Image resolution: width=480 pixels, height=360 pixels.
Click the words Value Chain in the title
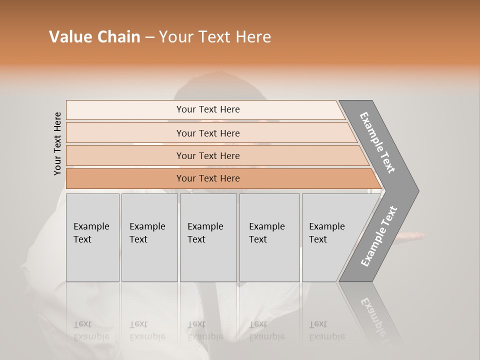click(x=94, y=37)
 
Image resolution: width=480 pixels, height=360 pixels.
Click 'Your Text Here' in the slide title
click(x=215, y=37)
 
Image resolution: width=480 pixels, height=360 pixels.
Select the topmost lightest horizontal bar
click(x=125, y=109)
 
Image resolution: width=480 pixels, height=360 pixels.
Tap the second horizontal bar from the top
click(x=125, y=133)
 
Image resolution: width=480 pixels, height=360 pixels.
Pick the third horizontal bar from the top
click(x=125, y=155)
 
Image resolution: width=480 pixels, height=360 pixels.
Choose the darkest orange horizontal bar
click(x=125, y=178)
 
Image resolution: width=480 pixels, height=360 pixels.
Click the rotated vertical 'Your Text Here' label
click(x=57, y=143)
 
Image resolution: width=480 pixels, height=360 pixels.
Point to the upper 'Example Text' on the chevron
click(x=377, y=142)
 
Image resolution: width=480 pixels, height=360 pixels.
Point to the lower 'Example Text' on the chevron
click(x=379, y=236)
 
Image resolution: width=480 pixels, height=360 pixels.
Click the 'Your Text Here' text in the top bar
click(x=208, y=109)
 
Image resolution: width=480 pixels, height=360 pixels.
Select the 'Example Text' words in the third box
click(x=205, y=232)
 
